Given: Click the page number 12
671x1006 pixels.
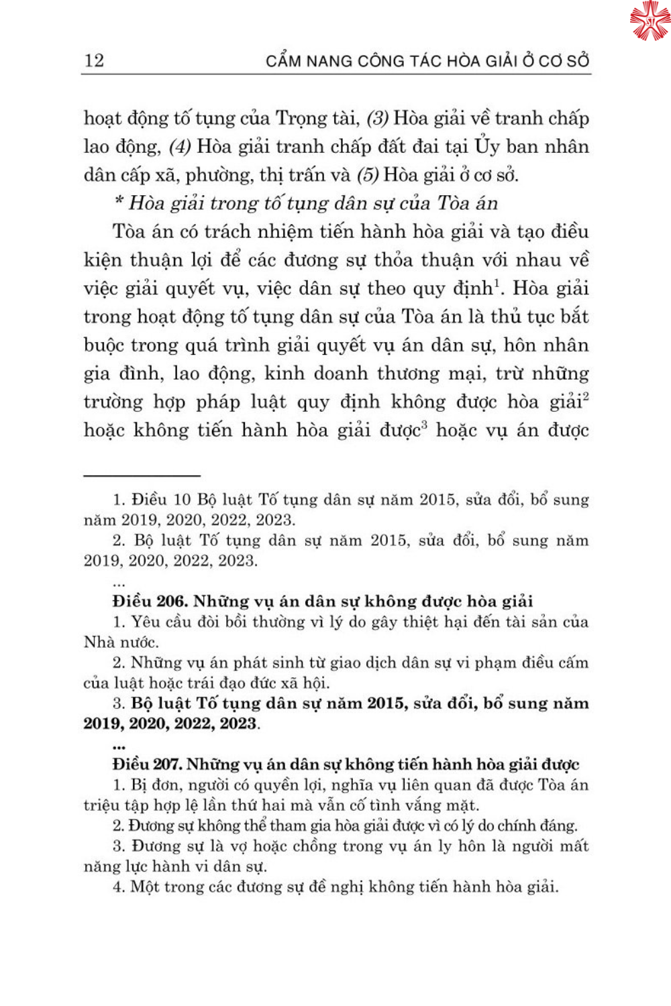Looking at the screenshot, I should point(94,60).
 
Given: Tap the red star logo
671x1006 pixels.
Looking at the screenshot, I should point(650,20).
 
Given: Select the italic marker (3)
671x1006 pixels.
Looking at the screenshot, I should point(377,119).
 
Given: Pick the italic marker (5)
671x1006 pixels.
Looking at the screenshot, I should point(367,175).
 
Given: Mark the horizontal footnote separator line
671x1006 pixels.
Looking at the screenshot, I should point(142,476).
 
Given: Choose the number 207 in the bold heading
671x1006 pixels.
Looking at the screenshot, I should point(167,765).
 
